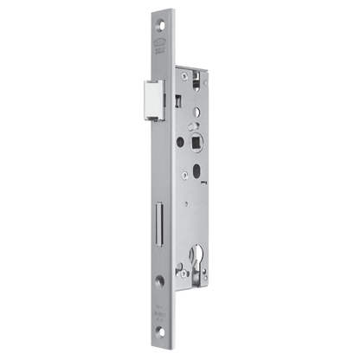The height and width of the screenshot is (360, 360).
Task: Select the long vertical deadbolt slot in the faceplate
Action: tap(162, 200)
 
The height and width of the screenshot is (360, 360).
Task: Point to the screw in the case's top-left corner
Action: tap(180, 73)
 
